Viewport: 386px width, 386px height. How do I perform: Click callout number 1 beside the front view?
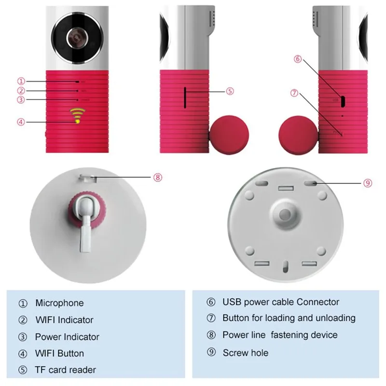[x=21, y=82]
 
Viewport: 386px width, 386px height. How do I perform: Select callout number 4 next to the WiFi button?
[x=20, y=122]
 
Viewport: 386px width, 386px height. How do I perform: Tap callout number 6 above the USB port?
[x=297, y=59]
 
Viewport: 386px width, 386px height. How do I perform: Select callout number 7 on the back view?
[x=294, y=93]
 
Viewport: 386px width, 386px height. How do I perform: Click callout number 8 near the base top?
[x=158, y=178]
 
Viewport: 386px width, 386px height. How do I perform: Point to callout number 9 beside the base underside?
[x=367, y=183]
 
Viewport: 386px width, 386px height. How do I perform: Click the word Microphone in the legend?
[x=59, y=303]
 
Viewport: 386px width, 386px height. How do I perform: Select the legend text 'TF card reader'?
[x=65, y=370]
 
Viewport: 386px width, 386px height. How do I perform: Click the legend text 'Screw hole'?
[x=245, y=353]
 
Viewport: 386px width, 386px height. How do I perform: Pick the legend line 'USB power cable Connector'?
[x=281, y=303]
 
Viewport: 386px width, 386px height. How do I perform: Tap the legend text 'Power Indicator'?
[x=67, y=337]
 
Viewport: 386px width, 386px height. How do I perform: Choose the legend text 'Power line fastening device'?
[x=280, y=335]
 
